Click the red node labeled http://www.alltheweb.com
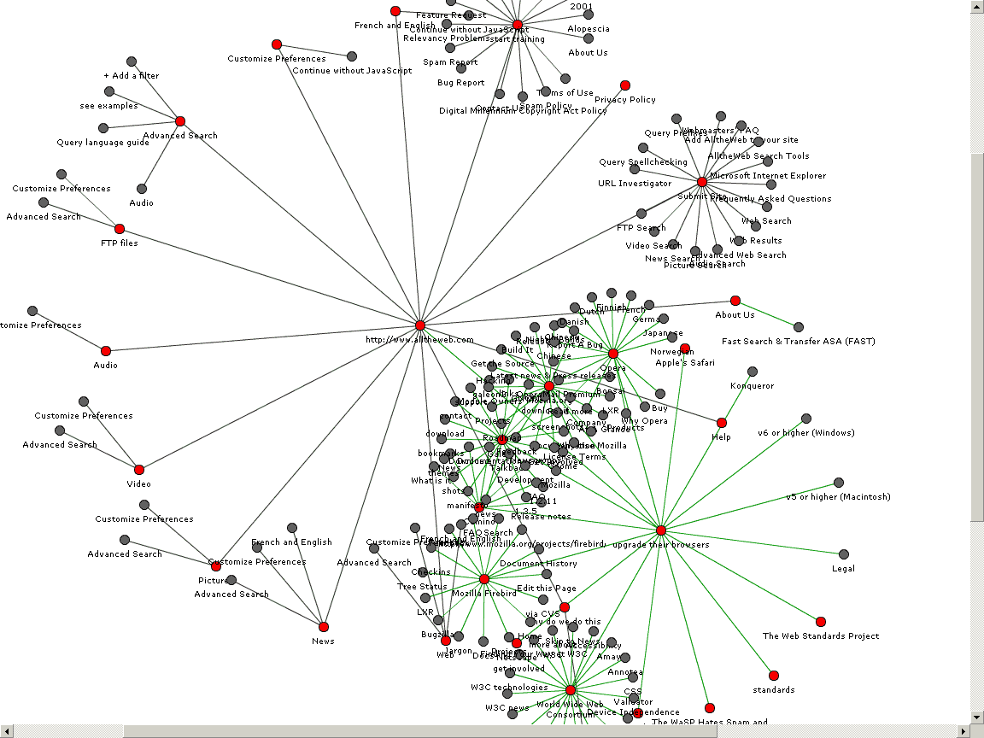pos(420,325)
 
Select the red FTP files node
pos(120,229)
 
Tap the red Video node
pos(139,470)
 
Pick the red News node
pos(323,627)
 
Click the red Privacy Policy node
pos(625,85)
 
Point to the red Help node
pos(722,423)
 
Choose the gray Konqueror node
pos(753,372)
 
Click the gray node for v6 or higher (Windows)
pos(806,419)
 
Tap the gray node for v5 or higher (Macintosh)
pos(839,483)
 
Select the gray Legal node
pos(844,554)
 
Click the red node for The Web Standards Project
pos(821,622)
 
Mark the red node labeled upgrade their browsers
pos(661,530)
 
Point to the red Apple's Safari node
pos(685,348)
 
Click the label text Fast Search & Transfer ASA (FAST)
pos(798,342)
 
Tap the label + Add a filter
pos(132,76)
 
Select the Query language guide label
pos(103,143)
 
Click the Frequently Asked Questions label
pos(770,199)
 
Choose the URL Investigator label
pos(635,184)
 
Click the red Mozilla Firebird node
pos(484,579)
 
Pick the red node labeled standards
pos(774,676)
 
